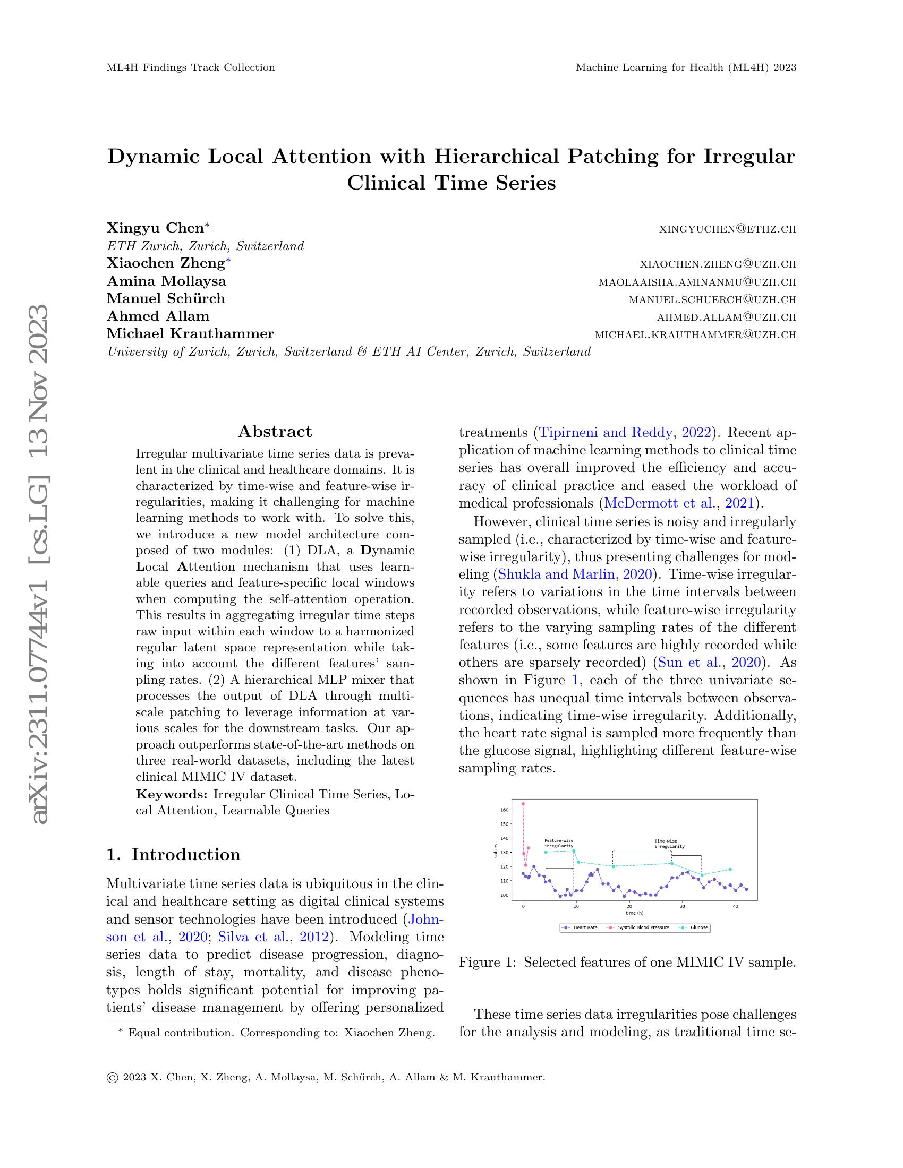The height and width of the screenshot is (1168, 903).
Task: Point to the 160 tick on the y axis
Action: (505, 810)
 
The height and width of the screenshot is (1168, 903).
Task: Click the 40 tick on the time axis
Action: (736, 906)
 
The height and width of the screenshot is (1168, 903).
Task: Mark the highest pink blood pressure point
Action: (523, 803)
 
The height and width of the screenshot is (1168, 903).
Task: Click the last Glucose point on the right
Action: (730, 869)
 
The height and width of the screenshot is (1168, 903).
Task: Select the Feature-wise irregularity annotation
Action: (559, 844)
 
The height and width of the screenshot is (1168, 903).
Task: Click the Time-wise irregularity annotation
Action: (669, 844)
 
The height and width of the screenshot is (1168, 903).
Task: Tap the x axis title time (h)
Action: (629, 913)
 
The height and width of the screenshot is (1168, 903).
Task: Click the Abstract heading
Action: (275, 431)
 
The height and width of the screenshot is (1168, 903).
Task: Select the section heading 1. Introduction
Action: (173, 854)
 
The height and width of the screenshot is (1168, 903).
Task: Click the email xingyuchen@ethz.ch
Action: (728, 229)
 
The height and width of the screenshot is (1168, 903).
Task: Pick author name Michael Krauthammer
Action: (191, 334)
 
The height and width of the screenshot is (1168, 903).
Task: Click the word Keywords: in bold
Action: (172, 794)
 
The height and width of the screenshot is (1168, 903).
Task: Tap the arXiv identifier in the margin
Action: (41, 567)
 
